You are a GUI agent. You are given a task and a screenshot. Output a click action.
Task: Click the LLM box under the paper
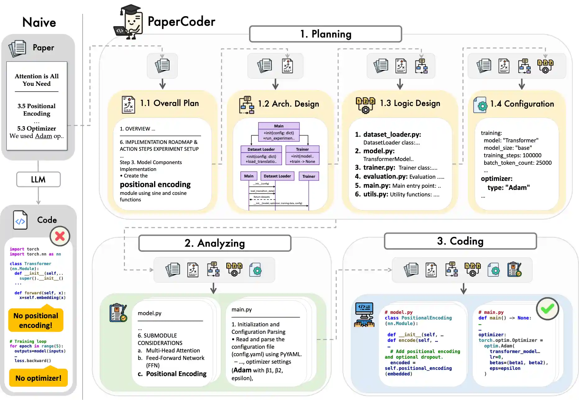[x=38, y=179]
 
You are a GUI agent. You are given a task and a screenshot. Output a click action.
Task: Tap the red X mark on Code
[x=60, y=236]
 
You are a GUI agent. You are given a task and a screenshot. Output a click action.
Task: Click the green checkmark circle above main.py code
[x=547, y=308]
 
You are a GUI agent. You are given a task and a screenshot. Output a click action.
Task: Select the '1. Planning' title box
[x=325, y=34]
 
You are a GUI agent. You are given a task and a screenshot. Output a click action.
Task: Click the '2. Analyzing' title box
[x=215, y=243]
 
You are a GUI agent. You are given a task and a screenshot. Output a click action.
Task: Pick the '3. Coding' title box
[x=460, y=241]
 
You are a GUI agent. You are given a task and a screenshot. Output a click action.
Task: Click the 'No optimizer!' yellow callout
[x=38, y=378]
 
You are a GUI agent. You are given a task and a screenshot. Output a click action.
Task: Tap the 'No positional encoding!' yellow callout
[x=36, y=320]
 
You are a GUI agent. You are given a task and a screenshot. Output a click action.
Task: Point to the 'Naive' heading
[x=39, y=22]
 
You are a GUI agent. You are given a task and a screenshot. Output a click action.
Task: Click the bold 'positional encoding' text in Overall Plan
[x=155, y=184]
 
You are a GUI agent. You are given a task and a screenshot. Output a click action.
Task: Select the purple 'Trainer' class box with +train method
[x=302, y=155]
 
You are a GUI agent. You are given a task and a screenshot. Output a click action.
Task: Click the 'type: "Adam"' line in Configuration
[x=508, y=187]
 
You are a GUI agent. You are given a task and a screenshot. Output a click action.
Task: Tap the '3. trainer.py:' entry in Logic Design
[x=375, y=168]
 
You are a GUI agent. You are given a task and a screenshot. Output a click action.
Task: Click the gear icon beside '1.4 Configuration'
[x=480, y=105]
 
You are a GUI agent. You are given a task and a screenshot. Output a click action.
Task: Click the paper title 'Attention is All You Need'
[x=37, y=80]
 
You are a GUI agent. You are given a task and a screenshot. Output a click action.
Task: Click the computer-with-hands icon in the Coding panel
[x=364, y=315]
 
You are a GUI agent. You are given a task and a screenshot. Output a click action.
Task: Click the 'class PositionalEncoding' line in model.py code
[x=418, y=318]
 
